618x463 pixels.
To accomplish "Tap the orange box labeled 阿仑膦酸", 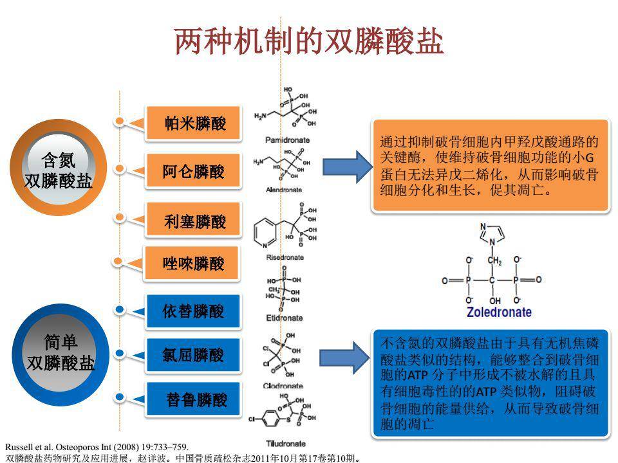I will [x=193, y=171].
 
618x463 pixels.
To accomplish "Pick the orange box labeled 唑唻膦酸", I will [x=193, y=263].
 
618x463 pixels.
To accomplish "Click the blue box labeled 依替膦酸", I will [x=193, y=312].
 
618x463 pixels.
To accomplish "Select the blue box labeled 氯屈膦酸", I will [x=193, y=355].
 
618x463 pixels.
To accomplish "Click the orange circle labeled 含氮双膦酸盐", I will [x=58, y=169].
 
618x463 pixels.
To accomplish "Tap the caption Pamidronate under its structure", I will [x=288, y=140].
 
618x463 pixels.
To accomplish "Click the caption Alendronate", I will [x=284, y=190].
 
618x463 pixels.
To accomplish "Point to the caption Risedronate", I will [x=285, y=257].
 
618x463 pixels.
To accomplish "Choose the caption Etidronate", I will [x=284, y=318].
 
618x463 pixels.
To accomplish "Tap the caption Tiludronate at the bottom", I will [x=285, y=444].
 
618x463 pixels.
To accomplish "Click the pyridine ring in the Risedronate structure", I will [x=265, y=230].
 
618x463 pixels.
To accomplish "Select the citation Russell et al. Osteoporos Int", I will [x=97, y=446].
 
